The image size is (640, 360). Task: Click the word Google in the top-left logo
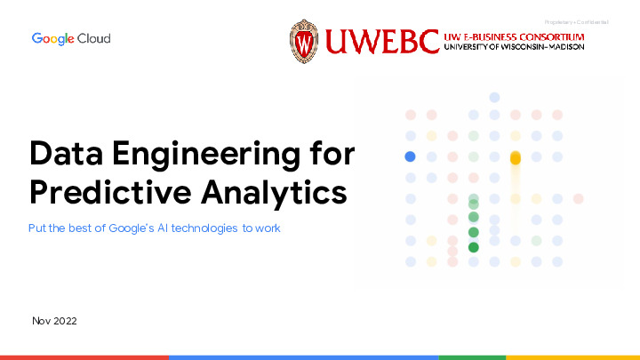(x=52, y=39)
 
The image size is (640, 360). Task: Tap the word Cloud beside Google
(x=93, y=39)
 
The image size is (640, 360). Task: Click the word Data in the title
(x=65, y=154)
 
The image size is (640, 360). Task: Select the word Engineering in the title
(x=200, y=156)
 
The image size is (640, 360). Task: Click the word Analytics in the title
(x=273, y=192)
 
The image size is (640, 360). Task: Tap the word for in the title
(x=330, y=154)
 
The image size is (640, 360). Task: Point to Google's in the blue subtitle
(x=132, y=228)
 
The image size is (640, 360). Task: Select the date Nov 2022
(x=54, y=320)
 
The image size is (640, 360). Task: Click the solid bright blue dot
(x=410, y=156)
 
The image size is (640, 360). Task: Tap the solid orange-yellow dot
(x=515, y=158)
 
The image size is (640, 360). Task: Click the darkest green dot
(x=474, y=247)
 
